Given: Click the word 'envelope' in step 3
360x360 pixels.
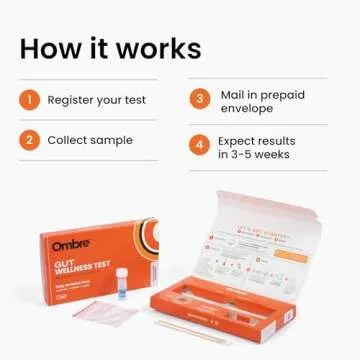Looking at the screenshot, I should pos(244,107).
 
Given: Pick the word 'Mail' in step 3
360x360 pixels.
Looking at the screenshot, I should pos(232,93).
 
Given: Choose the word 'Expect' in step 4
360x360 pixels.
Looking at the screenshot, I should pos(238,140).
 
